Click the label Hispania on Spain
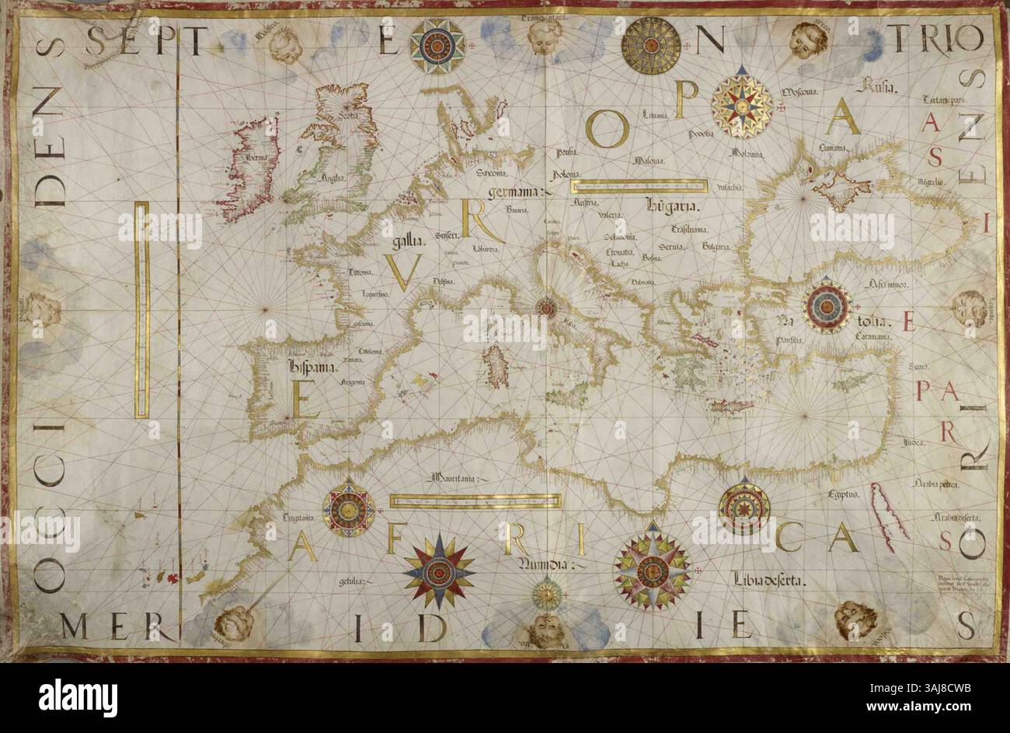[311, 366]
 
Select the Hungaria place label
[674, 206]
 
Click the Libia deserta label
[768, 579]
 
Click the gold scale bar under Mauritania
[475, 501]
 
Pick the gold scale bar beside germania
[639, 187]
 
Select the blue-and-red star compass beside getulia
[438, 572]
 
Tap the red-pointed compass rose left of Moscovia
[742, 106]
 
